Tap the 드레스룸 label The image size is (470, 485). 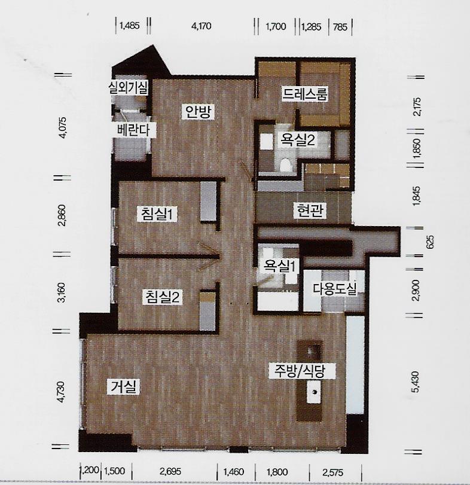[304, 94]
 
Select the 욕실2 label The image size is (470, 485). [297, 140]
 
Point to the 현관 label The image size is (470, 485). [310, 211]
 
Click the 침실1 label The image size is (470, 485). [157, 214]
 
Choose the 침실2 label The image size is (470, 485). [162, 297]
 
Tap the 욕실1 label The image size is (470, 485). [279, 266]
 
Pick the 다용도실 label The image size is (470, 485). [335, 289]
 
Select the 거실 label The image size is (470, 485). [123, 387]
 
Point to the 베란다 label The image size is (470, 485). [133, 130]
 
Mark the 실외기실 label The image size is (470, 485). [128, 87]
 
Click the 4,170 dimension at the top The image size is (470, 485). [202, 26]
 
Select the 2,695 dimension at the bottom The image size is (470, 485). [170, 472]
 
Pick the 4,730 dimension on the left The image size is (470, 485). [62, 392]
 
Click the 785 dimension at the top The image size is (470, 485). [340, 28]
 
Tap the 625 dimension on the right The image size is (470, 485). [430, 242]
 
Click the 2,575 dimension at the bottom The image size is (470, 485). [332, 472]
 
